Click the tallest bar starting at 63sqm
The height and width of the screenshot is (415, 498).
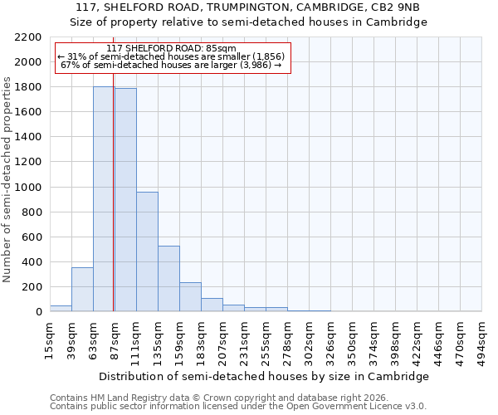104,199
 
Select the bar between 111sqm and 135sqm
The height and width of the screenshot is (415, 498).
147,251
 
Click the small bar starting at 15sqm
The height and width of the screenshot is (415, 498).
61,308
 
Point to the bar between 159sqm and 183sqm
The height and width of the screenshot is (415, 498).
190,296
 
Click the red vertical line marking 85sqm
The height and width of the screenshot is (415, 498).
113,207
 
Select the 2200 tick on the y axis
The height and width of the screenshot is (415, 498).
28,37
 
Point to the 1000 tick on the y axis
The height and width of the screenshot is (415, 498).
28,187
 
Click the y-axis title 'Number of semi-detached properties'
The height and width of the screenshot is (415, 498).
8,179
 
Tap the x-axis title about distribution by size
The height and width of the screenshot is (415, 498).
265,376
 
